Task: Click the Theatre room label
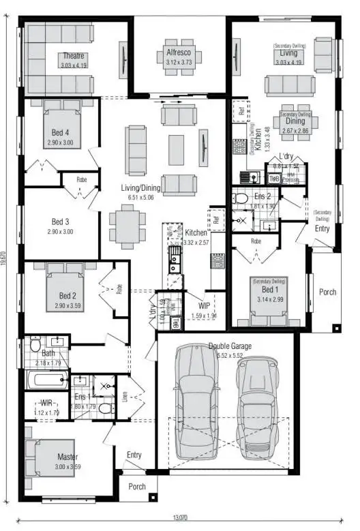click(x=74, y=56)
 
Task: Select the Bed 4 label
click(x=60, y=132)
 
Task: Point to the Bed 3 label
click(x=61, y=222)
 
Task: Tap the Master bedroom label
click(x=67, y=457)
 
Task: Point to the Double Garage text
click(x=229, y=346)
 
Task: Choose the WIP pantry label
click(x=205, y=306)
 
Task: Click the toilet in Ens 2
click(x=240, y=198)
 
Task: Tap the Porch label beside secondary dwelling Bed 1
click(x=327, y=292)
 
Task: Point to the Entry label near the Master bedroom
click(x=134, y=455)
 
